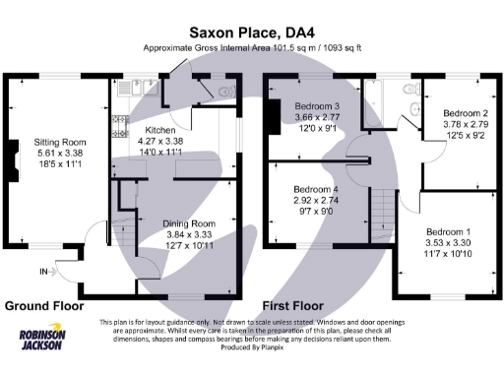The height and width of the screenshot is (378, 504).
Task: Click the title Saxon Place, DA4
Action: pyautogui.click(x=251, y=31)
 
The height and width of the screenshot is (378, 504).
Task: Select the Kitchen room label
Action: pyautogui.click(x=160, y=130)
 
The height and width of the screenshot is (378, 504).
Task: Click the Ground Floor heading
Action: pyautogui.click(x=43, y=305)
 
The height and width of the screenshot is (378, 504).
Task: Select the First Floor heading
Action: pyautogui.click(x=294, y=305)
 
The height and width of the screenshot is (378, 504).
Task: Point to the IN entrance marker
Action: pyautogui.click(x=43, y=271)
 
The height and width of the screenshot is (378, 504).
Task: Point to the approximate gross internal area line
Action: pyautogui.click(x=251, y=47)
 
